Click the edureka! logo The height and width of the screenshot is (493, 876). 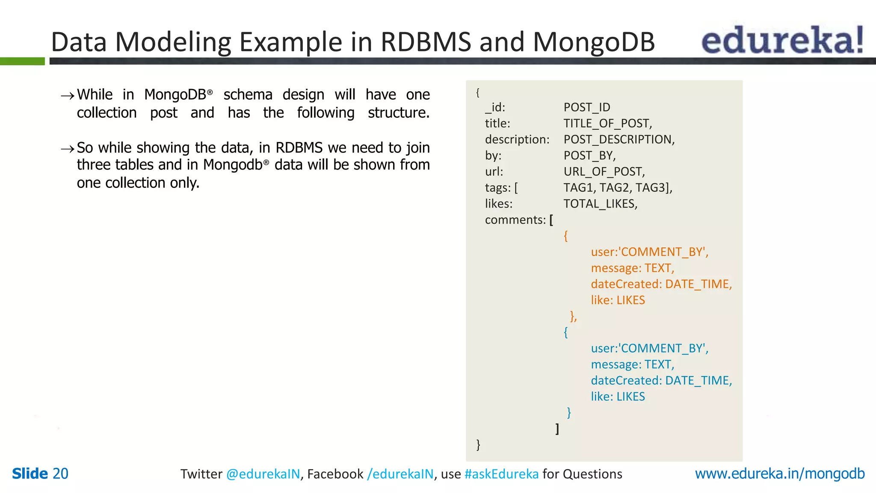pos(782,40)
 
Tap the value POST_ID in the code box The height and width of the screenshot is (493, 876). pos(586,107)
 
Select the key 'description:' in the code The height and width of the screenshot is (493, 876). pos(517,140)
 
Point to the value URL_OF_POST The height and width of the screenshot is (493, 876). pos(604,172)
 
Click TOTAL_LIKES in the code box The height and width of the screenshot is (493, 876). pos(600,204)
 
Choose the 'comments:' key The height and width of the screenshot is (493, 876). pos(515,220)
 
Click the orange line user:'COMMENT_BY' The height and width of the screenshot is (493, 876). pos(649,252)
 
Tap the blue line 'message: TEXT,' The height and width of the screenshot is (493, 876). pos(632,365)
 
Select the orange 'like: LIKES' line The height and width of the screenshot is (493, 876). pos(618,300)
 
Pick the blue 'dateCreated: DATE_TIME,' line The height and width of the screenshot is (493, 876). pos(661,380)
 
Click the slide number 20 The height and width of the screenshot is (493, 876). pos(60,474)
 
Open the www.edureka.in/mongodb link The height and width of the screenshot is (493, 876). pos(779,474)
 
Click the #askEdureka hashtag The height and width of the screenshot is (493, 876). pos(501,474)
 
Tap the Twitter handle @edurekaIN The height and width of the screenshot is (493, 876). pos(263,474)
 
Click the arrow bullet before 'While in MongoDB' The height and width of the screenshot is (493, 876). pos(67,96)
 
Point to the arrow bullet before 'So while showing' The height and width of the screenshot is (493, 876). pos(67,149)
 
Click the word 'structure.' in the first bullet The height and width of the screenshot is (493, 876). pos(398,113)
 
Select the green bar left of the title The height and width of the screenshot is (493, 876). pos(22,61)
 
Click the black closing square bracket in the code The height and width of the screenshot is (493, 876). pos(557,429)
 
